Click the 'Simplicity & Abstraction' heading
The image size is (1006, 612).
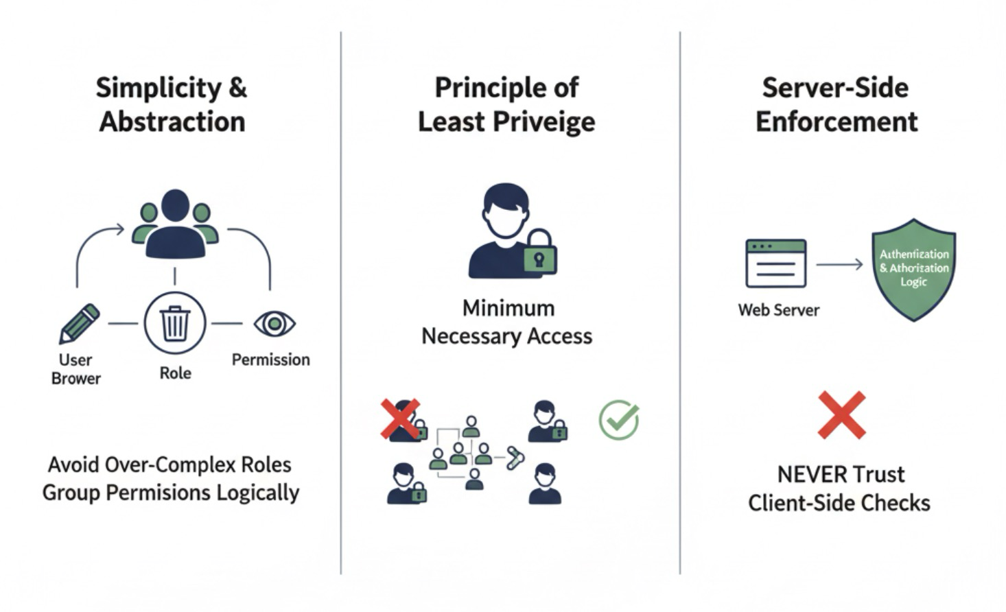(172, 104)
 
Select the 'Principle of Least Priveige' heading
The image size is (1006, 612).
(506, 104)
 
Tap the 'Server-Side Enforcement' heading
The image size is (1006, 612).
(836, 104)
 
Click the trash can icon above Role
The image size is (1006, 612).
(175, 323)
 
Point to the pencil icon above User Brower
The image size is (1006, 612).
(79, 323)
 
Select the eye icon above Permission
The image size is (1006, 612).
(274, 323)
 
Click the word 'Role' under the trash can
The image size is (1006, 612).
(175, 373)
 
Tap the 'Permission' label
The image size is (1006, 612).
(270, 360)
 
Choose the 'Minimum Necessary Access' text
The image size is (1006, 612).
(507, 322)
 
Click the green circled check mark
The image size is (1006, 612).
(619, 420)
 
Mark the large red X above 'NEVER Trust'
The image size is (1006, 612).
(841, 415)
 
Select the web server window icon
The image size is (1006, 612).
(775, 263)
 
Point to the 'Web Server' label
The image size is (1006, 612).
(778, 310)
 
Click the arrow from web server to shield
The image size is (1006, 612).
(839, 264)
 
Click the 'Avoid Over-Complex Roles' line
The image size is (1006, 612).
(169, 464)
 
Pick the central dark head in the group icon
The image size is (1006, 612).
(175, 206)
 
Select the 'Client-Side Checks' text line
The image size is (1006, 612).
(839, 503)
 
